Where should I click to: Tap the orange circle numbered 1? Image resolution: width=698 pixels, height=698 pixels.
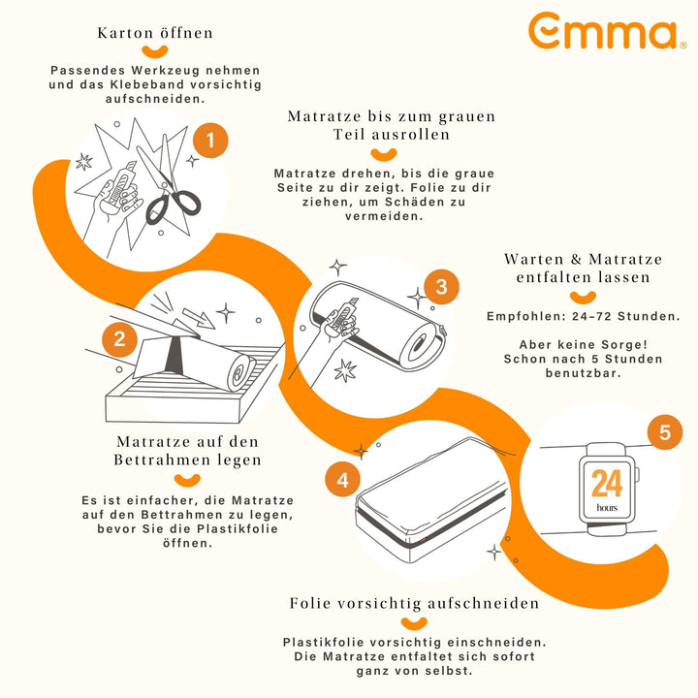pos(210,141)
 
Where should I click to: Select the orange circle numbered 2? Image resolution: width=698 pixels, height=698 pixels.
pos(120,339)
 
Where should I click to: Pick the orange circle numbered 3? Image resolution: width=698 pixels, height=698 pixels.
pos(441,287)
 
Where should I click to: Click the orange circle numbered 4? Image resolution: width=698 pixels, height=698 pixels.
pos(342,480)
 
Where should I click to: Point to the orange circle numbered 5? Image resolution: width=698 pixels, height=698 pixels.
pos(665,431)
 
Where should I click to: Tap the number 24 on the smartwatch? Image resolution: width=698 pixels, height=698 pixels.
pos(607,484)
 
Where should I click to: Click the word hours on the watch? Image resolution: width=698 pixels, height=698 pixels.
pos(607,507)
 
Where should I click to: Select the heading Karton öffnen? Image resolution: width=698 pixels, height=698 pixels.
pos(155,33)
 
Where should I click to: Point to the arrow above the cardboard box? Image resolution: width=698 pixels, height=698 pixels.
pos(199,318)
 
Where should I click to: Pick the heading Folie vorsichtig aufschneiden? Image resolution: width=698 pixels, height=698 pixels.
pos(414,603)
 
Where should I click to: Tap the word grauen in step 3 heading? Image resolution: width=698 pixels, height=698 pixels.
pos(467,116)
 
